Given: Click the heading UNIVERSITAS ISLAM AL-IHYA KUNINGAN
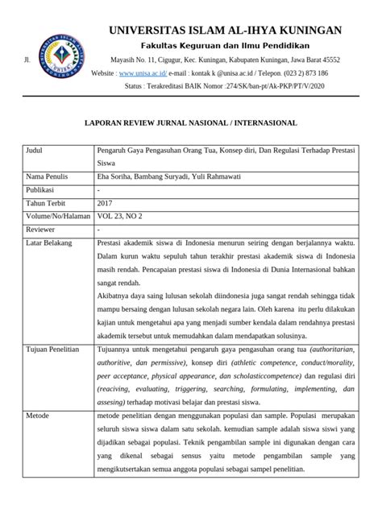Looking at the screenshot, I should (225, 31).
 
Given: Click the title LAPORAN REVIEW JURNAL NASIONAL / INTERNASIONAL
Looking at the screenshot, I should (191, 123).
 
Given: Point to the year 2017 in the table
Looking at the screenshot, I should (105, 204).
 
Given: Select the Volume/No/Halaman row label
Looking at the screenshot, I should (60, 216).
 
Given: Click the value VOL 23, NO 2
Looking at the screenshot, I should (122, 216).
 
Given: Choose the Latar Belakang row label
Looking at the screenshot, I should (51, 242).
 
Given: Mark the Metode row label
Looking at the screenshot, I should (39, 415).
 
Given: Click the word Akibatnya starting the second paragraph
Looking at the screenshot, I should (115, 296).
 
